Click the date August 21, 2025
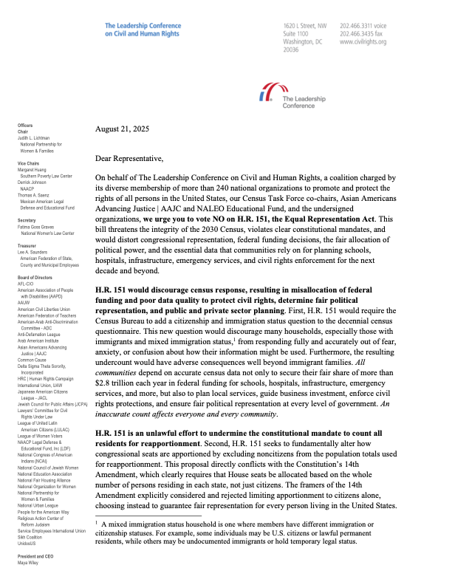pyautogui.click(x=122, y=129)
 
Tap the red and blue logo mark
pyautogui.click(x=263, y=95)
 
